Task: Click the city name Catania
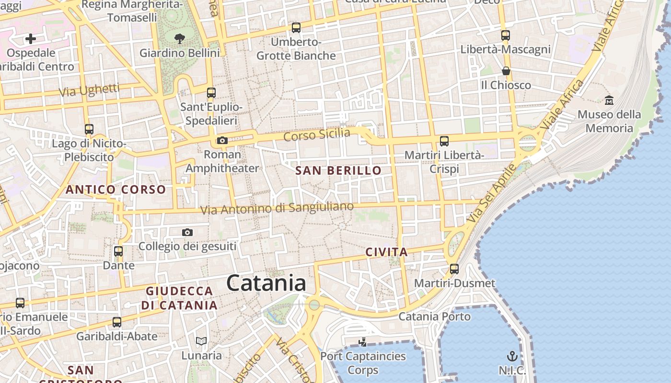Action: coord(266,283)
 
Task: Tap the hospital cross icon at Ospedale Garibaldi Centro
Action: coord(31,39)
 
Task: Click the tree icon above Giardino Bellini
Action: coord(180,38)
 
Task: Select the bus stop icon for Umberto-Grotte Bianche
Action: coord(296,28)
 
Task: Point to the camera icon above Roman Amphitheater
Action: coord(222,140)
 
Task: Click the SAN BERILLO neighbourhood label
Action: coord(338,170)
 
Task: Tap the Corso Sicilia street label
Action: coord(317,135)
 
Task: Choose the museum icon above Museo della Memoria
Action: coord(609,100)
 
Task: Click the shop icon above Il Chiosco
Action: coord(506,71)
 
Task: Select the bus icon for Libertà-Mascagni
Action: coord(506,35)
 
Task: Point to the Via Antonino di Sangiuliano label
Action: coord(277,208)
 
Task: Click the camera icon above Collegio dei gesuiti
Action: coord(187,233)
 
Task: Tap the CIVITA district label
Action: coord(386,252)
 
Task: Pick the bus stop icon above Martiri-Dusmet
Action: coord(454,269)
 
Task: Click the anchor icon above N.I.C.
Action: coord(512,356)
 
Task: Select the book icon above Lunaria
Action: coord(201,341)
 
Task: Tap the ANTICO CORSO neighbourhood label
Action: coord(116,190)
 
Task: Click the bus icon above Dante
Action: coord(118,251)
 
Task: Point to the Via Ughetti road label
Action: coord(89,90)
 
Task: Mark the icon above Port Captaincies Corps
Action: coord(363,342)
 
